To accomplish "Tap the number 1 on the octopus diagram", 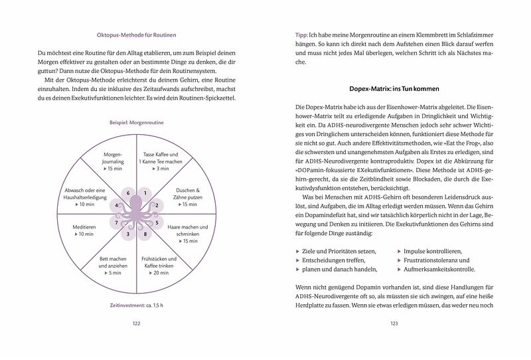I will (x=147, y=193).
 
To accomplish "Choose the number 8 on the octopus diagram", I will (x=147, y=234).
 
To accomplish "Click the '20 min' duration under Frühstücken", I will (x=159, y=272).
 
